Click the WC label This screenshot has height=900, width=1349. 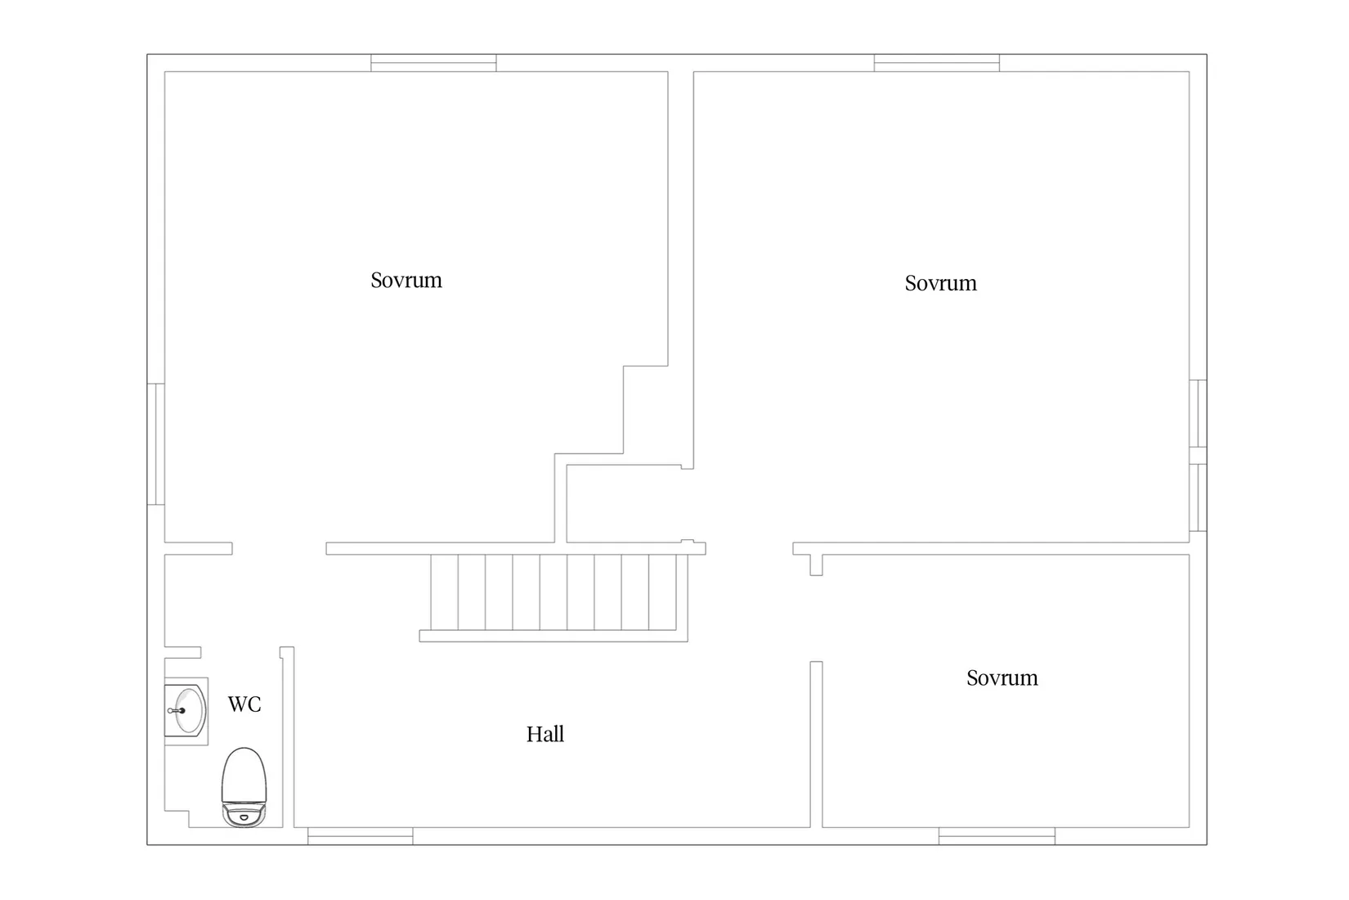pyautogui.click(x=244, y=704)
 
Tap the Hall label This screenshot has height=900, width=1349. pyautogui.click(x=545, y=734)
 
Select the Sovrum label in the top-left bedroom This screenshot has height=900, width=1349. pyautogui.click(x=406, y=280)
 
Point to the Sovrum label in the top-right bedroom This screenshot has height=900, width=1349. pyautogui.click(x=941, y=283)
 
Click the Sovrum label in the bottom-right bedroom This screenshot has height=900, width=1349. pyautogui.click(x=1002, y=677)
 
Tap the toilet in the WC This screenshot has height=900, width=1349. pyautogui.click(x=244, y=787)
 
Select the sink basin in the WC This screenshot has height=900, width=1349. pyautogui.click(x=188, y=711)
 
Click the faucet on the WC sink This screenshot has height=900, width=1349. pyautogui.click(x=177, y=711)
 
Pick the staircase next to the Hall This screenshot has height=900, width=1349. pyautogui.click(x=553, y=597)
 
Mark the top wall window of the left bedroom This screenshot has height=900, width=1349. pyautogui.click(x=433, y=63)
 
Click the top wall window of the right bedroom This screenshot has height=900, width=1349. pyautogui.click(x=936, y=63)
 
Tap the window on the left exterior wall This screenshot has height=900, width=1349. pyautogui.click(x=156, y=443)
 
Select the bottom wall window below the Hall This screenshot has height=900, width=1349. pyautogui.click(x=360, y=836)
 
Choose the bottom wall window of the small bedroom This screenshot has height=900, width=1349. pyautogui.click(x=997, y=836)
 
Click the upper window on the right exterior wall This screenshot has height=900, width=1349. pyautogui.click(x=1198, y=413)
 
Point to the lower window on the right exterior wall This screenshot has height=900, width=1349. pyautogui.click(x=1198, y=497)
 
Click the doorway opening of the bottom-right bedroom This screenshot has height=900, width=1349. pyautogui.click(x=816, y=619)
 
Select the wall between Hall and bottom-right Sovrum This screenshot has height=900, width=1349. pyautogui.click(x=816, y=745)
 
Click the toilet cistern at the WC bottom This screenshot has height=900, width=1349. pyautogui.click(x=244, y=815)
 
